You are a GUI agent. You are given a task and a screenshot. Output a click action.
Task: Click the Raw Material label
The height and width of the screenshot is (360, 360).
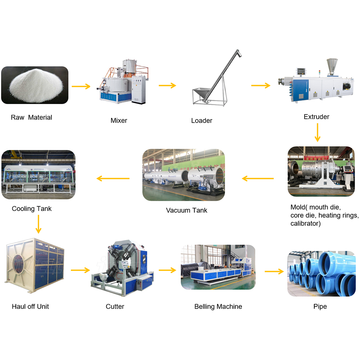[x=31, y=117]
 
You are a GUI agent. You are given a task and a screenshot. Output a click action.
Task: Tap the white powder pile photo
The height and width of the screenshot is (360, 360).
[x=35, y=85]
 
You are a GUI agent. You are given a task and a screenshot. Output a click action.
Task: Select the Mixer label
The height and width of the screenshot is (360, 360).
[x=119, y=121]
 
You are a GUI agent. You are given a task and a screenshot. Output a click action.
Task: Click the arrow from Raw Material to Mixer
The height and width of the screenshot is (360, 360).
[x=81, y=86]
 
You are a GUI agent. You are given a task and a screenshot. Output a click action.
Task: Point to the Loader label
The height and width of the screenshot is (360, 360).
[x=202, y=121]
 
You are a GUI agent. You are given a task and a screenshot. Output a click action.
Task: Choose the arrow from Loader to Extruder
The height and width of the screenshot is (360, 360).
[x=261, y=85]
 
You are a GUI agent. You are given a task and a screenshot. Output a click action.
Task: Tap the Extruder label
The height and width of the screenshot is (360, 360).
[x=316, y=117]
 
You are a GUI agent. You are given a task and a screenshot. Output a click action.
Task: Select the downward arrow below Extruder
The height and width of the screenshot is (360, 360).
[x=317, y=132]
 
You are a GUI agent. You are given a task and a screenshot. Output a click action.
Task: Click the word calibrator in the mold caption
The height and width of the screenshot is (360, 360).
[x=306, y=224]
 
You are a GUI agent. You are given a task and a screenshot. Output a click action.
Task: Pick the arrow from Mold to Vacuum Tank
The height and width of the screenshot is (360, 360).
[x=258, y=178]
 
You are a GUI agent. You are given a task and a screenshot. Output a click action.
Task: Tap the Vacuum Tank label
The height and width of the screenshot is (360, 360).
[x=186, y=210]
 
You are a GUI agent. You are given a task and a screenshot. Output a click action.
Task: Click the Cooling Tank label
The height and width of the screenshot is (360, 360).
[x=32, y=209]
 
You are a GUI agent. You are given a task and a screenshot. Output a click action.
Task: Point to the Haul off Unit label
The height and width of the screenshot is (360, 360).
[x=30, y=307]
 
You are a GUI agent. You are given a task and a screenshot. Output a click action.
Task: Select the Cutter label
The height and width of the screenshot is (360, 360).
[x=115, y=307]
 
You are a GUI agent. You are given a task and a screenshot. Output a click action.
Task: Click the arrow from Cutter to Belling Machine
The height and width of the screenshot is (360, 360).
[x=167, y=270]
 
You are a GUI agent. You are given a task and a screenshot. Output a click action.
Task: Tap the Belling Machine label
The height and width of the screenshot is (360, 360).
[x=218, y=307]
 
